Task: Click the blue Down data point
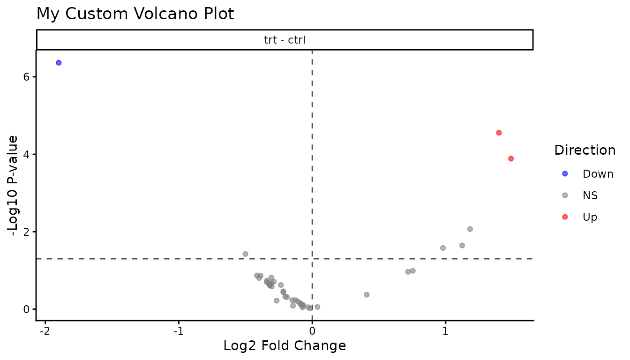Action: pyautogui.click(x=59, y=63)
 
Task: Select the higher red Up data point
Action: pyautogui.click(x=499, y=133)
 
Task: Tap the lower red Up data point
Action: pyautogui.click(x=511, y=158)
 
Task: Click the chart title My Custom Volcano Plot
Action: pyautogui.click(x=135, y=14)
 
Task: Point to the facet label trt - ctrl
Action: pyautogui.click(x=285, y=40)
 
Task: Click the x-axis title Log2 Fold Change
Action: pyautogui.click(x=285, y=346)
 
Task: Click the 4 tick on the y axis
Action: pyautogui.click(x=26, y=154)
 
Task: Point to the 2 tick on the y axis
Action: pyautogui.click(x=26, y=232)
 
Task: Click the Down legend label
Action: pyautogui.click(x=598, y=174)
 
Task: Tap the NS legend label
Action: pyautogui.click(x=590, y=195)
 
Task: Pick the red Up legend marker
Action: pyautogui.click(x=565, y=217)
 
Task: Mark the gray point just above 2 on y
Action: pyautogui.click(x=470, y=229)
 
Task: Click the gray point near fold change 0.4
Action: pyautogui.click(x=367, y=295)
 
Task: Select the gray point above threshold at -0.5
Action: pyautogui.click(x=245, y=254)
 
